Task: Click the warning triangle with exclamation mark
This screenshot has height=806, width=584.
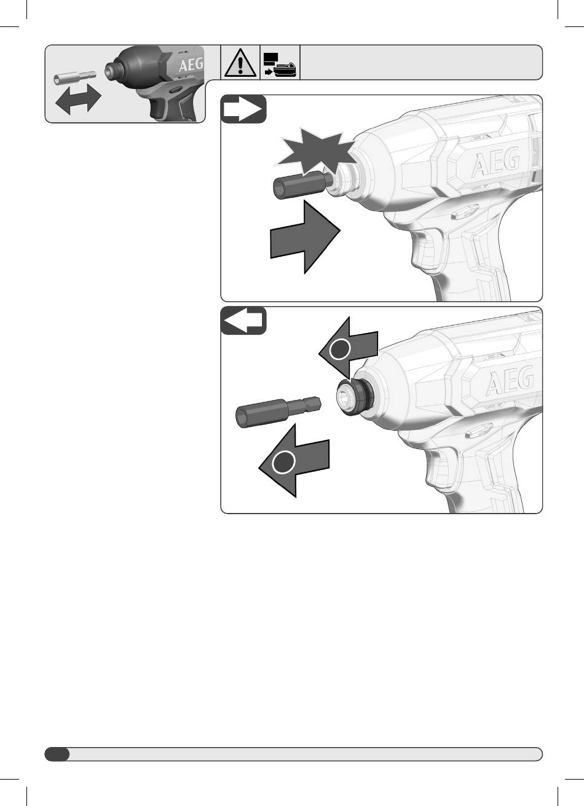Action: coord(240,63)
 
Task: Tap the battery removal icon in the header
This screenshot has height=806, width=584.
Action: coord(280,65)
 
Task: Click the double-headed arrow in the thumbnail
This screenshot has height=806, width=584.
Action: coord(78,100)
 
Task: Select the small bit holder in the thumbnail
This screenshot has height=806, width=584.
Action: coord(75,78)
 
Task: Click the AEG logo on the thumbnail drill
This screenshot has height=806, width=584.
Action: coord(191,65)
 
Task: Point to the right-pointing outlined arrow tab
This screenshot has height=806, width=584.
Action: coord(243,109)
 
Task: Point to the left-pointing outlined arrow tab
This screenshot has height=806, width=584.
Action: coord(243,320)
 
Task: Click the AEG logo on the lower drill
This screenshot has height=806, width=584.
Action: coord(510,380)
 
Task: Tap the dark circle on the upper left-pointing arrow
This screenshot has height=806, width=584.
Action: coord(339,349)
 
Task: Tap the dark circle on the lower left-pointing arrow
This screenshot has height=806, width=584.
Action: coord(283,461)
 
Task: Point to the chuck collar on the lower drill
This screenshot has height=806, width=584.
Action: coord(354,397)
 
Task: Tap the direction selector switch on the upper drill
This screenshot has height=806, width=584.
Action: coord(465,213)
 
